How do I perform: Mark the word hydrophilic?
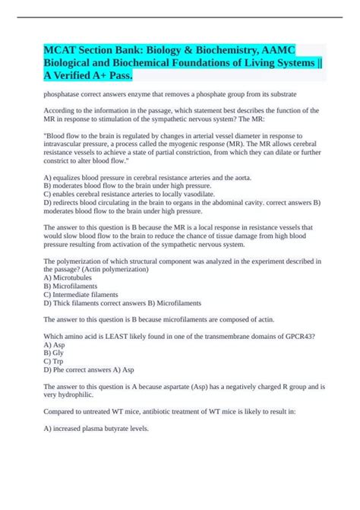tap(77, 396)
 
